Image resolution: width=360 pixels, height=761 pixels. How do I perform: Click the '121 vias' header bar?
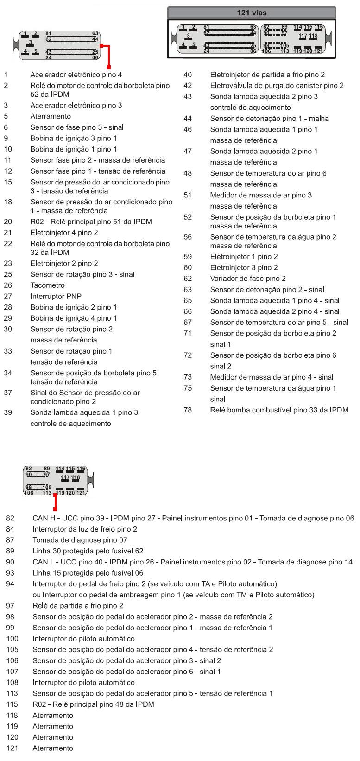(x=252, y=13)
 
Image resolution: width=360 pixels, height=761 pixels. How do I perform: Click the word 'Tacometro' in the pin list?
(x=47, y=285)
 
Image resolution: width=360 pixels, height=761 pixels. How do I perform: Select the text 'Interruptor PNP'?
(x=56, y=296)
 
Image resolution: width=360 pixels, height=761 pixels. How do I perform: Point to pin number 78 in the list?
(x=188, y=410)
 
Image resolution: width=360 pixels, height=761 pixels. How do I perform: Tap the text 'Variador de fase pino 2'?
(x=248, y=279)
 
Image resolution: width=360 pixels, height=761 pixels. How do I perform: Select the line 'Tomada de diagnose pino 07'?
(x=80, y=540)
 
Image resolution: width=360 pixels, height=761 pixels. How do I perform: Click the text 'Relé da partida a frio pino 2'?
(x=78, y=606)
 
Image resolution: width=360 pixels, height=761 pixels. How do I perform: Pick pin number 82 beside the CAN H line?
(x=10, y=518)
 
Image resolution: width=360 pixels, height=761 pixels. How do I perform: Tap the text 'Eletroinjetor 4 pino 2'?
(x=64, y=233)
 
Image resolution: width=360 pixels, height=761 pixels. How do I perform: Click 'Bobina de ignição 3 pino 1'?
(x=74, y=138)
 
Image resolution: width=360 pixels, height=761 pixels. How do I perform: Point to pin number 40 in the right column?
(x=188, y=75)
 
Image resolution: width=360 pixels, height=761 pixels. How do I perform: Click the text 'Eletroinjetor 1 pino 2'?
(x=244, y=257)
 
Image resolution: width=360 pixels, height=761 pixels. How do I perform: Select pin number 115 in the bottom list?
(x=12, y=704)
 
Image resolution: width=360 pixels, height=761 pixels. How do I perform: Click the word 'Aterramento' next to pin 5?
(x=51, y=116)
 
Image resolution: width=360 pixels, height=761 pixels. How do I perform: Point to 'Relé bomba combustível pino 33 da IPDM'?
(x=279, y=410)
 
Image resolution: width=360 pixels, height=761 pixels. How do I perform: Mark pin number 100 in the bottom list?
(x=12, y=639)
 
